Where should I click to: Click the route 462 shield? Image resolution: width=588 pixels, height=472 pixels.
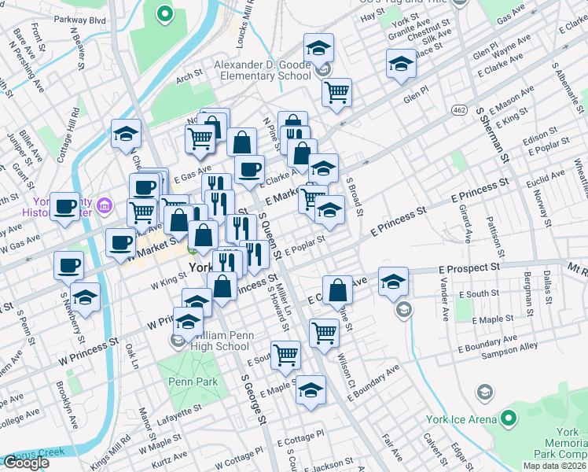click(x=459, y=106)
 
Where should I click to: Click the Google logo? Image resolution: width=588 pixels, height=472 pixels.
click(x=25, y=463)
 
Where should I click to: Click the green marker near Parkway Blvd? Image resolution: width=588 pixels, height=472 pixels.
click(x=164, y=13)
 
